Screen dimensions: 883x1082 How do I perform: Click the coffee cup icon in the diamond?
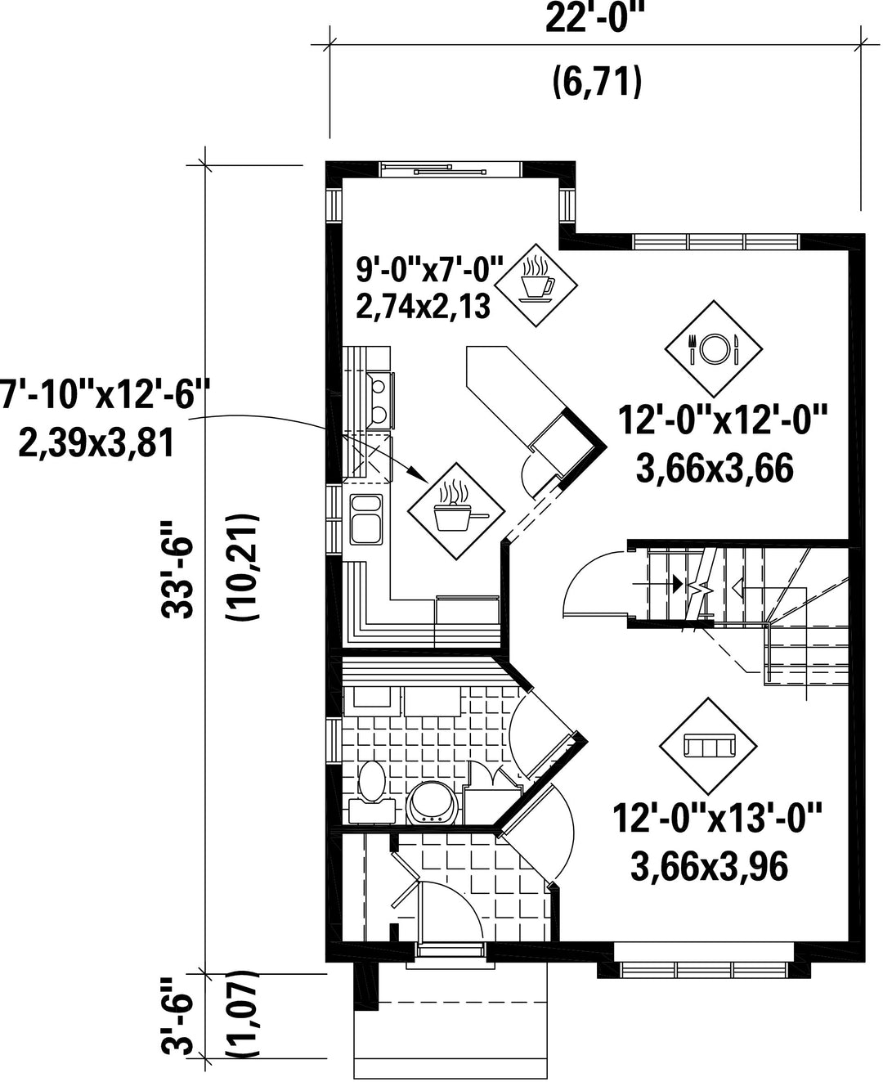(x=538, y=285)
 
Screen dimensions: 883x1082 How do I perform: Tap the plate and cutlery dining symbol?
(x=713, y=349)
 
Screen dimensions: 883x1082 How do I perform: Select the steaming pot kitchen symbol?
(x=456, y=511)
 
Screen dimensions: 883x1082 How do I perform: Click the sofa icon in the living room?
(x=708, y=745)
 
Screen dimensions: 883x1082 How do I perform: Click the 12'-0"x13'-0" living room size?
(x=717, y=819)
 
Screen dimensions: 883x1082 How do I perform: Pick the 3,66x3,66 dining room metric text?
(x=715, y=469)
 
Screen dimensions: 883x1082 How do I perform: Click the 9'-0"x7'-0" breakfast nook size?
(x=429, y=271)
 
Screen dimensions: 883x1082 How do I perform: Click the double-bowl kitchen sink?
(x=366, y=519)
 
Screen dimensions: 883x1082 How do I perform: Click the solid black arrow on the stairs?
(x=678, y=583)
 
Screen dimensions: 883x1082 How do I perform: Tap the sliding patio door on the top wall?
(x=450, y=170)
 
